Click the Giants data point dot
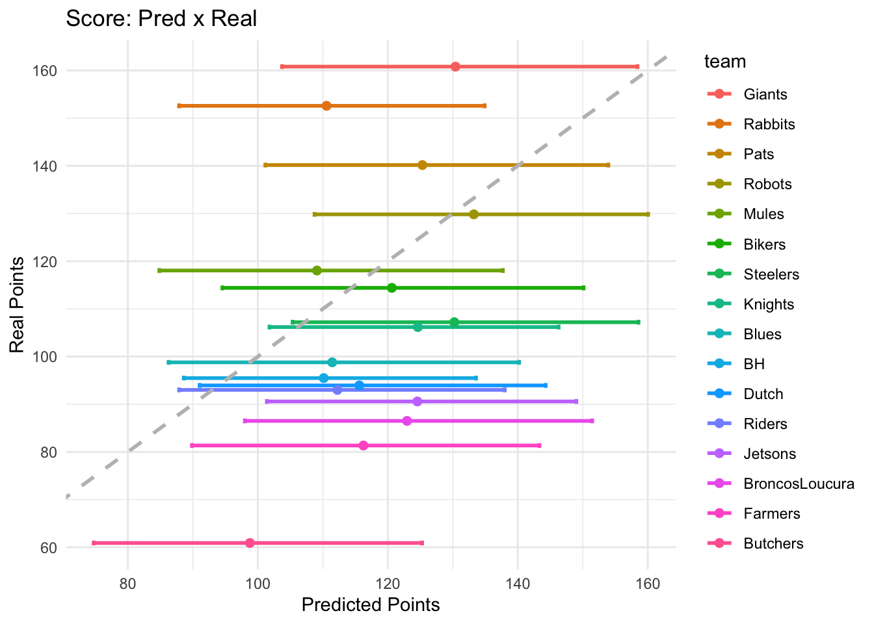(x=455, y=67)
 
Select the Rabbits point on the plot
(x=326, y=106)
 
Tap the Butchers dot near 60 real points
(x=250, y=543)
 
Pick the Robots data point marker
(x=473, y=214)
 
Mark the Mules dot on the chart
(x=317, y=270)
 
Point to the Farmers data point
(x=364, y=445)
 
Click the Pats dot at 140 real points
(x=422, y=165)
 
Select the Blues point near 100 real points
(x=332, y=362)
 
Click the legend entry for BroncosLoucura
(x=799, y=484)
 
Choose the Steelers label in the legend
(x=771, y=274)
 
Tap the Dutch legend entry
(x=763, y=394)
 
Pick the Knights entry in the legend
(x=769, y=304)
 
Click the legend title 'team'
(x=725, y=62)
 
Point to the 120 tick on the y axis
(x=46, y=261)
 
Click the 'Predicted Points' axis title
(x=371, y=605)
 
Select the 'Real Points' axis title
(x=18, y=305)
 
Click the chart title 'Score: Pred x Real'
(x=161, y=18)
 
